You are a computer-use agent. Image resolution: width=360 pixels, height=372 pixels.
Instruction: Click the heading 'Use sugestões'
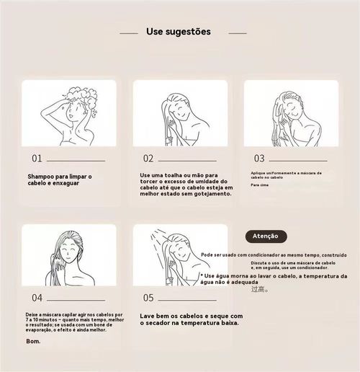[x=179, y=32]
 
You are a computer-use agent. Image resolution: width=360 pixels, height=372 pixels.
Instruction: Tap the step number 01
[x=37, y=159]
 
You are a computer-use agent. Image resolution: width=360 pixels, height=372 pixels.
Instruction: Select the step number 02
[x=148, y=159]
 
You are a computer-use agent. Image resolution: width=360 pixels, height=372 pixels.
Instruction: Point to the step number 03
[x=259, y=159]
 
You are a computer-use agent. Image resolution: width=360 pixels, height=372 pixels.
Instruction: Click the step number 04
[x=37, y=297]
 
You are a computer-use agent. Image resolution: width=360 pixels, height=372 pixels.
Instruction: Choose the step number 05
[x=148, y=297]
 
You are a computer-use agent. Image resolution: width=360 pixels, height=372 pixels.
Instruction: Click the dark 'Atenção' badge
[x=266, y=236]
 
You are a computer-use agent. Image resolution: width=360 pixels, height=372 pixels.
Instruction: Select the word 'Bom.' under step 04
[x=34, y=341]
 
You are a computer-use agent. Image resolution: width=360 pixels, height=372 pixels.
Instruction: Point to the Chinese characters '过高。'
[x=259, y=290]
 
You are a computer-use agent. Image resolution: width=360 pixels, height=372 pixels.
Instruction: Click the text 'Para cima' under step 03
[x=259, y=185]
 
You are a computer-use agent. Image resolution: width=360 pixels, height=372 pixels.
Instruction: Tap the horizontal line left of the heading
[x=128, y=32]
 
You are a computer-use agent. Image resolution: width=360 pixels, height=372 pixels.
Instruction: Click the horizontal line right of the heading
[x=237, y=32]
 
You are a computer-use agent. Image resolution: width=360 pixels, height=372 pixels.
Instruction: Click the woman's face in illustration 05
[x=180, y=249]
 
